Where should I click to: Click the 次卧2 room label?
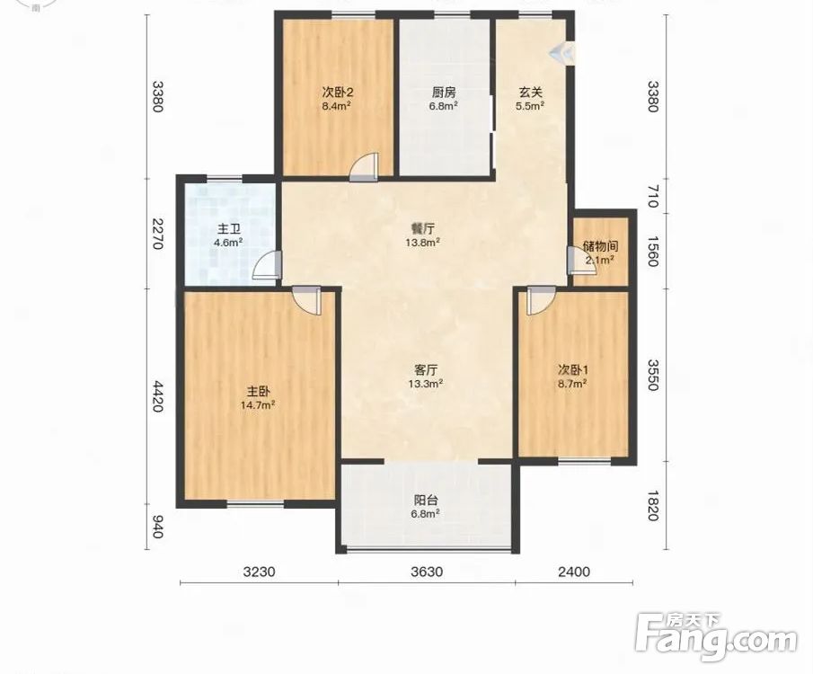[x=338, y=93]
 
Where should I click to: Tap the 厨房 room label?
[x=443, y=93]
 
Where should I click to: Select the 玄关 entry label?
[x=530, y=93]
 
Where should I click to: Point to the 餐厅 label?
[x=422, y=228]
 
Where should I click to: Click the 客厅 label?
[x=426, y=370]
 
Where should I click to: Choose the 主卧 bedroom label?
[x=258, y=391]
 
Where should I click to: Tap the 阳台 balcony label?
[x=426, y=500]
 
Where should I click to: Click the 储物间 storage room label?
[x=600, y=246]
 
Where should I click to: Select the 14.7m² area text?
[x=258, y=404]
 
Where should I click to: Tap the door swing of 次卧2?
[x=362, y=166]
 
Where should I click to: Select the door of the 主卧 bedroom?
[x=306, y=300]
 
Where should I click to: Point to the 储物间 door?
[x=577, y=260]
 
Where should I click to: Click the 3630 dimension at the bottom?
[x=427, y=572]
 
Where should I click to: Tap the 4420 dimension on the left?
[x=158, y=396]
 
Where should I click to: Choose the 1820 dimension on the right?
[x=652, y=505]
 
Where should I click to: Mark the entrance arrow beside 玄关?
[x=561, y=52]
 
